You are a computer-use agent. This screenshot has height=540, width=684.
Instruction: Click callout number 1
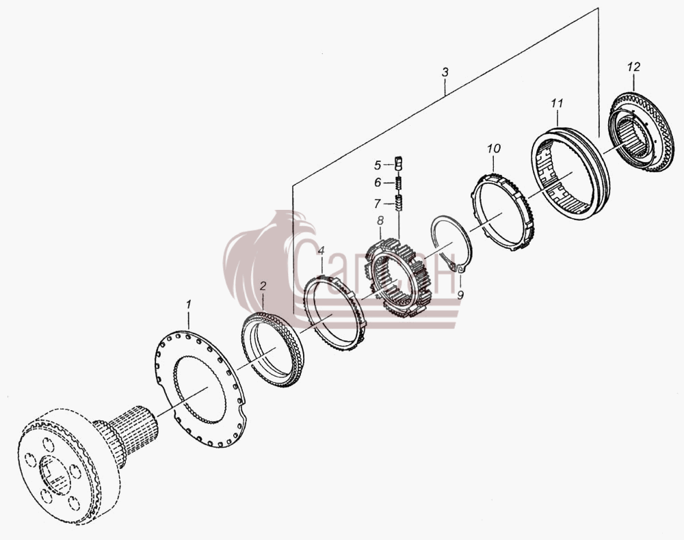(x=189, y=303)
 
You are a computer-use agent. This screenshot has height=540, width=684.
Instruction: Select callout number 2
(x=263, y=286)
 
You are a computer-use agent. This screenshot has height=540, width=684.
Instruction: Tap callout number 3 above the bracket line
(x=445, y=72)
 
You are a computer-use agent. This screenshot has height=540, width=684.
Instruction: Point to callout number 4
(x=321, y=251)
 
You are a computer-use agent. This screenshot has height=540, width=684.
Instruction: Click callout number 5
(x=378, y=165)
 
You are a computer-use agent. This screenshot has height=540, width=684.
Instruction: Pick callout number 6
(x=378, y=183)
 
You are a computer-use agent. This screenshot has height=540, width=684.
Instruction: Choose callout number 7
(x=378, y=204)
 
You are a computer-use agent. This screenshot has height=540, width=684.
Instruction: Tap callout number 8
(x=380, y=221)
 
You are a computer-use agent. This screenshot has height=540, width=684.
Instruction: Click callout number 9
(x=460, y=295)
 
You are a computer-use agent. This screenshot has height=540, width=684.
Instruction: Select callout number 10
(x=494, y=148)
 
